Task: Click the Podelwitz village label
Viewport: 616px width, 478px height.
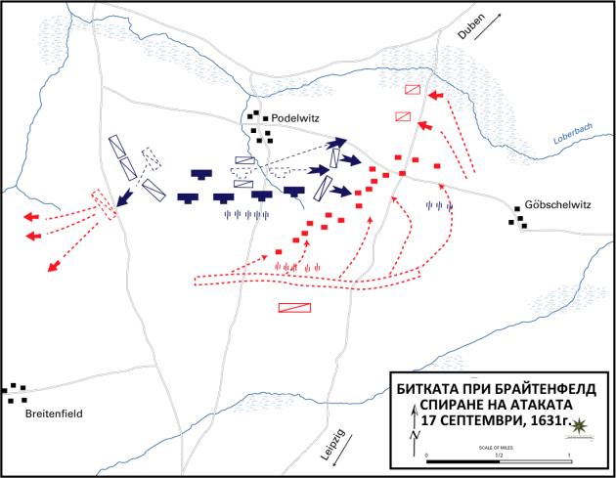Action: click(297, 118)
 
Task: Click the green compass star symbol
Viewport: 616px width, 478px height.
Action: click(583, 425)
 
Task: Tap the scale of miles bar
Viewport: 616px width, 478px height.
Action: click(498, 460)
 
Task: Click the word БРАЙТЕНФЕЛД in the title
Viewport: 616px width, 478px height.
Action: click(534, 385)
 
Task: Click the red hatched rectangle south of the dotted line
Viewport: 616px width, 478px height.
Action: click(294, 307)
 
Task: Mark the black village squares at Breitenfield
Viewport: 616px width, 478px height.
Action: click(16, 393)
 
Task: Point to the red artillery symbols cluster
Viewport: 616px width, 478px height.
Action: click(296, 266)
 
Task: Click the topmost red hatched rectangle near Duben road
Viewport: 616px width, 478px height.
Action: click(413, 90)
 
